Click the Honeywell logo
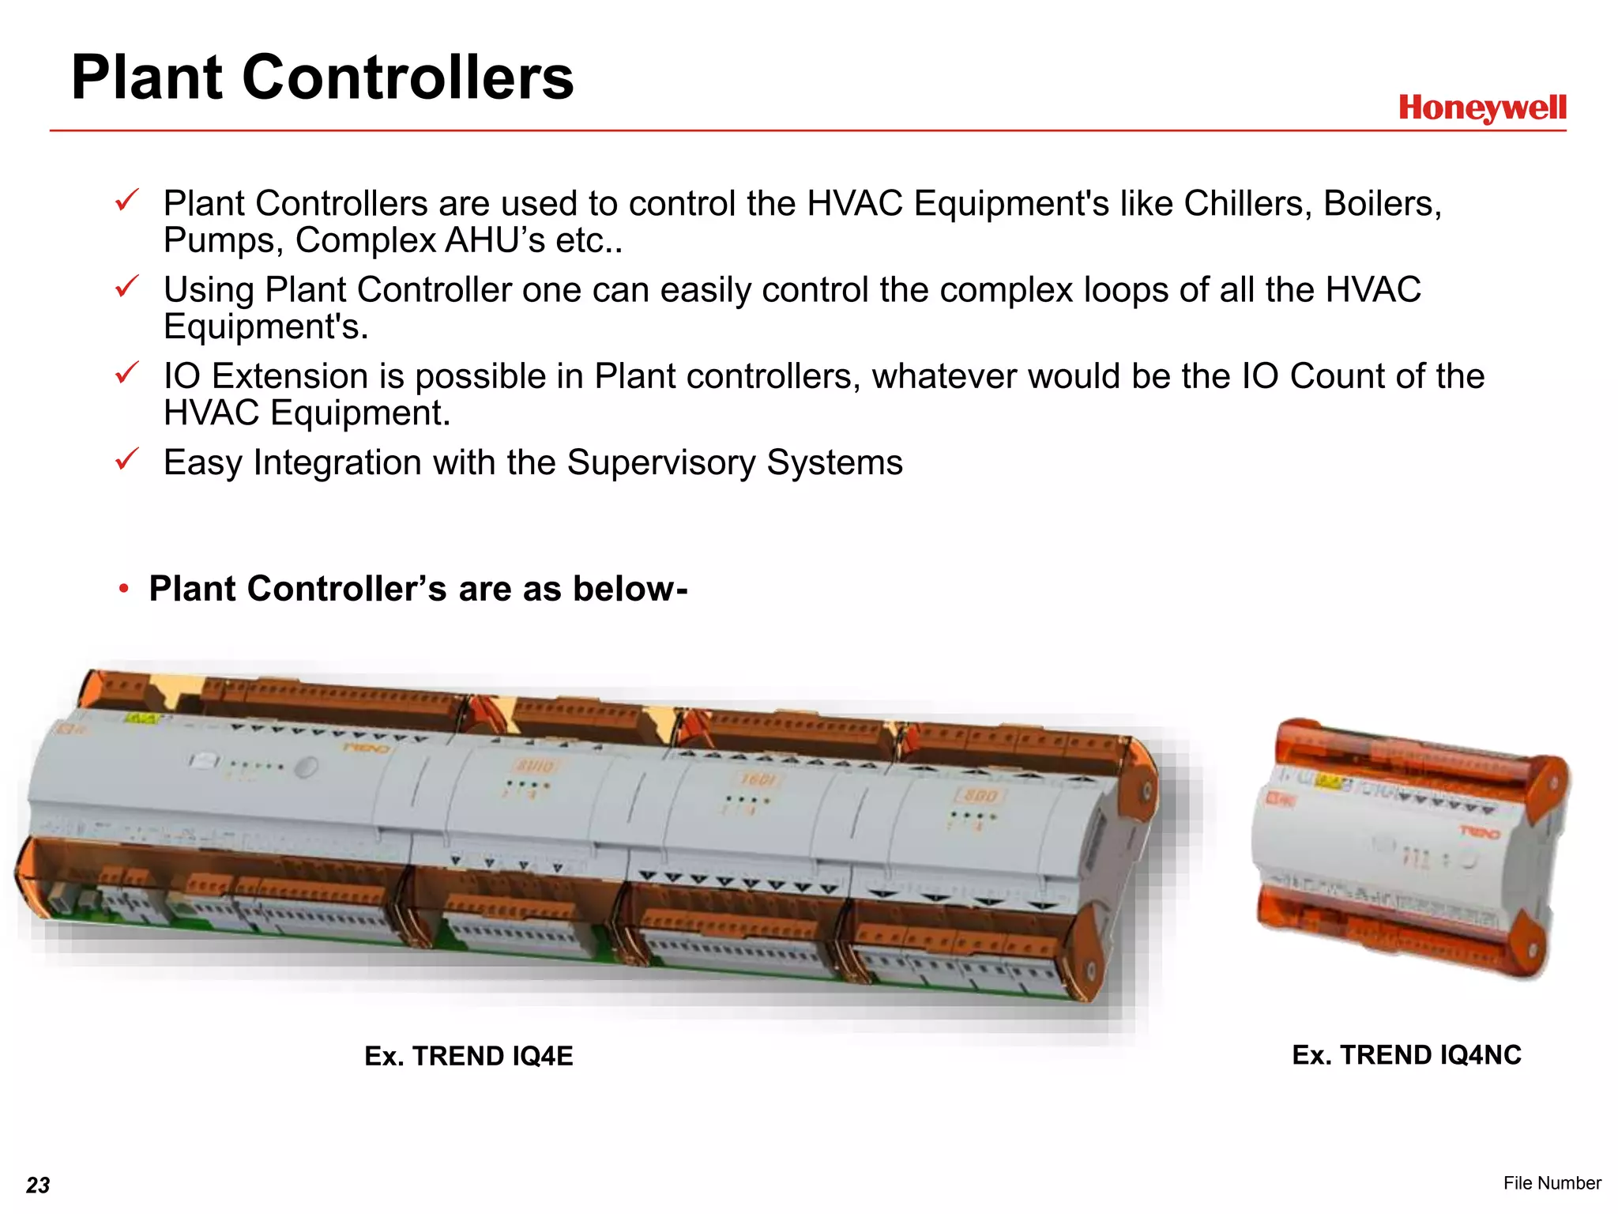click(x=1481, y=108)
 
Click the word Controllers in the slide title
click(x=408, y=77)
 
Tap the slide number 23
click(x=38, y=1185)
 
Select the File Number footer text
click(x=1552, y=1182)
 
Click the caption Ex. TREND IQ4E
click(x=468, y=1056)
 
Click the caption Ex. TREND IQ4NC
click(x=1406, y=1055)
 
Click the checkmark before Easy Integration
click(x=126, y=458)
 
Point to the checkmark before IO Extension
click(x=126, y=372)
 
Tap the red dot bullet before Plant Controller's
click(x=123, y=589)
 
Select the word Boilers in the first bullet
click(x=1382, y=204)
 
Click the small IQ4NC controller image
click(x=1410, y=850)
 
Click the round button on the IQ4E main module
click(x=307, y=767)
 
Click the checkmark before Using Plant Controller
click(x=126, y=286)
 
